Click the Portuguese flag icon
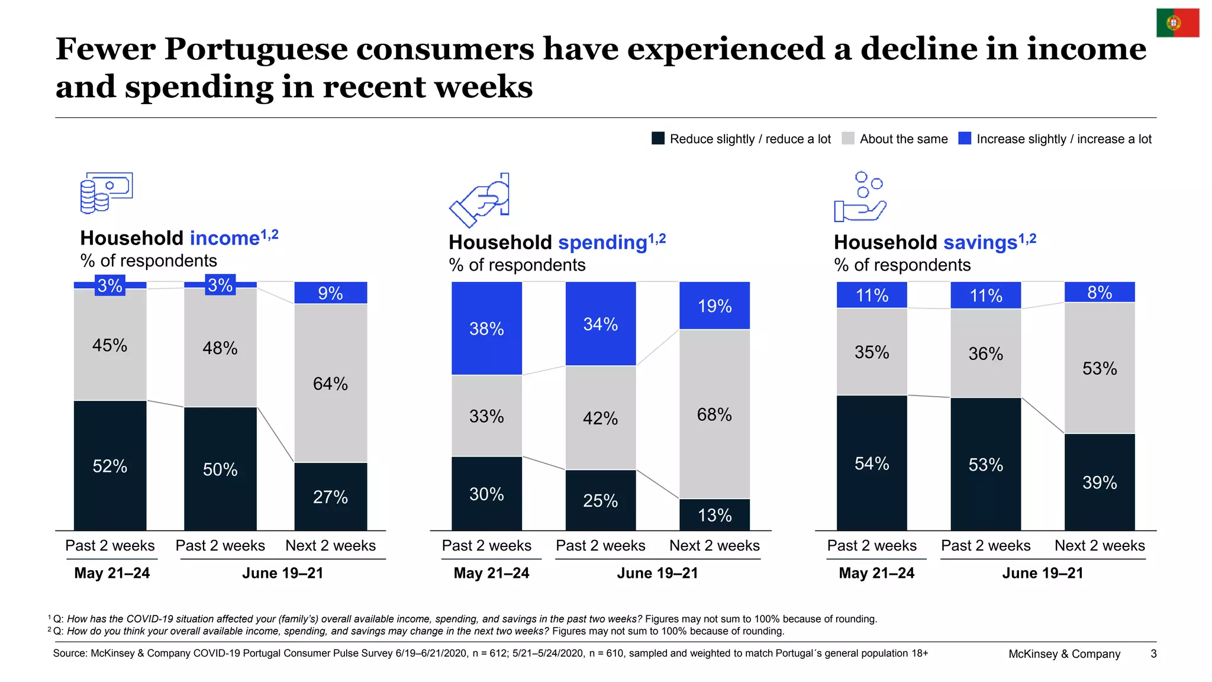[1178, 23]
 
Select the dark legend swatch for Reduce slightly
[658, 139]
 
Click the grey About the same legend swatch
[848, 139]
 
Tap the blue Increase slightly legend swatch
[965, 139]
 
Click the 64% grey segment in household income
[331, 383]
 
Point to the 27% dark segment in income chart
[331, 496]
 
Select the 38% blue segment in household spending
[486, 328]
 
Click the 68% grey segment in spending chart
[714, 414]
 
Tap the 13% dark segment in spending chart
[714, 514]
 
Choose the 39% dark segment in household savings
[1100, 482]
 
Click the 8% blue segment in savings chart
[1100, 292]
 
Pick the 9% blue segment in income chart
[331, 292]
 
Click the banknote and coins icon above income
[107, 192]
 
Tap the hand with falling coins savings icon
[860, 197]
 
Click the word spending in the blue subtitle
[602, 243]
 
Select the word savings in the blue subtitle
[980, 243]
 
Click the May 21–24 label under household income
[112, 573]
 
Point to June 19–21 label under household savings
[1043, 573]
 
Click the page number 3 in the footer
[1153, 654]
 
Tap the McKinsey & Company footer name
[1064, 654]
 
